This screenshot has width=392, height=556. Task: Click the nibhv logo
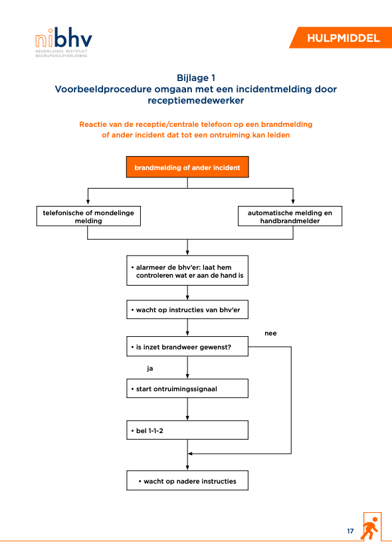point(64,43)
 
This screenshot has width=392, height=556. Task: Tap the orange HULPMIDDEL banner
point(342,38)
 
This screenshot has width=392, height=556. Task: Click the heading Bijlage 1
point(196,78)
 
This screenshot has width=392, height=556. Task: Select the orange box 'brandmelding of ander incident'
point(187,167)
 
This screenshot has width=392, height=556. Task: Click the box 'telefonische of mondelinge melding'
point(88,217)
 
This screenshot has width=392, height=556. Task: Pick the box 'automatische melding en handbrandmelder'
point(290,217)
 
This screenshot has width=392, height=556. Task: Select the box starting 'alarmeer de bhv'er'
point(187,270)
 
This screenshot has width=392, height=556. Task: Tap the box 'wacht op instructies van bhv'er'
point(187,310)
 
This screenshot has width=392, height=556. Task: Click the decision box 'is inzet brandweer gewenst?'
point(187,347)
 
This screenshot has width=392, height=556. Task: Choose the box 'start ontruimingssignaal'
point(187,389)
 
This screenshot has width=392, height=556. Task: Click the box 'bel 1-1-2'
point(187,430)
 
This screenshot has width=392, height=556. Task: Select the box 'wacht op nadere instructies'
point(187,480)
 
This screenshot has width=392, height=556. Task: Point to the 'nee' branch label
point(270,333)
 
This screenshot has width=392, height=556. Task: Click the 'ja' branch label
point(150,369)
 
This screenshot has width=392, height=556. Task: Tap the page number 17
point(350,531)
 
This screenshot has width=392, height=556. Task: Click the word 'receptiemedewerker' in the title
point(196,101)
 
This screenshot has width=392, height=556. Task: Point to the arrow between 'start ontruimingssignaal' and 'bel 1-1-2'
point(187,409)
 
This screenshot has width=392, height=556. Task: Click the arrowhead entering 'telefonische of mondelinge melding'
point(88,202)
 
